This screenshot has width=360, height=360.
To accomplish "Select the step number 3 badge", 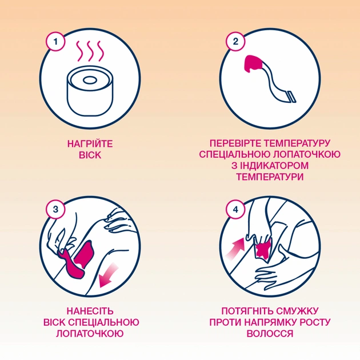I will click(55, 210).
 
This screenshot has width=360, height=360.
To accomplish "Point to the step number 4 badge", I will click(235, 210).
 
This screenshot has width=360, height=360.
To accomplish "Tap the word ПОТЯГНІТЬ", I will click(250, 311).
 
